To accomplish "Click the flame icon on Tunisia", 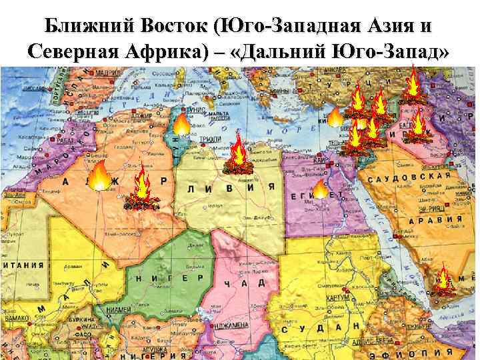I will (x=181, y=123).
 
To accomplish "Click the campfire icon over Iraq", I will (x=417, y=127).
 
